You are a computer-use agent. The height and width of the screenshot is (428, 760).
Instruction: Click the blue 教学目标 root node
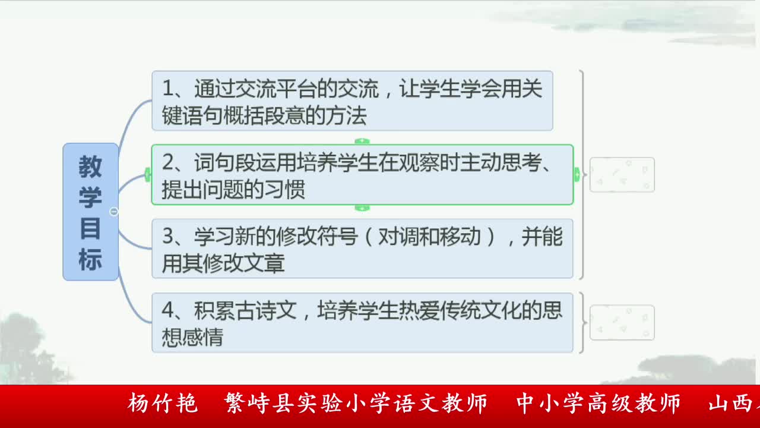(90, 212)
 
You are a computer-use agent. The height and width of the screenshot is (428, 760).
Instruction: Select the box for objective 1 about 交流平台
(352, 100)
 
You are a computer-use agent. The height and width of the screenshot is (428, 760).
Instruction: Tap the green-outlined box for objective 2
(362, 175)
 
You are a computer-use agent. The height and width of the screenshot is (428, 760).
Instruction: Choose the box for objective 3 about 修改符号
(362, 248)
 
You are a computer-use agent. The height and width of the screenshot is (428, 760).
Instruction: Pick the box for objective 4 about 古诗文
(362, 323)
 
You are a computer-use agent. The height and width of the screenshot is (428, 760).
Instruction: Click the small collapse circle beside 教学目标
(114, 212)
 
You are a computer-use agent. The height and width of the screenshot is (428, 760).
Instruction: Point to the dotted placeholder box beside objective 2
(622, 175)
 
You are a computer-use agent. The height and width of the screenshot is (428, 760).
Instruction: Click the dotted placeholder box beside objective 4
(622, 323)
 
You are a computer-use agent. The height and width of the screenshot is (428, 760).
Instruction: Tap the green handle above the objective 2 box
(362, 141)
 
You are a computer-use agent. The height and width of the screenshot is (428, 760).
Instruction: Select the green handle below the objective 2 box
(362, 208)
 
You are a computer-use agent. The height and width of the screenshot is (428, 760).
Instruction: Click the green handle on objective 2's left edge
(148, 175)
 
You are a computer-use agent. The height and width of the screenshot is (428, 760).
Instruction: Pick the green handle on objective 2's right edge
(577, 175)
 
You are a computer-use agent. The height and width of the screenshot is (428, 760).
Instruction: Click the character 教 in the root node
(90, 168)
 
